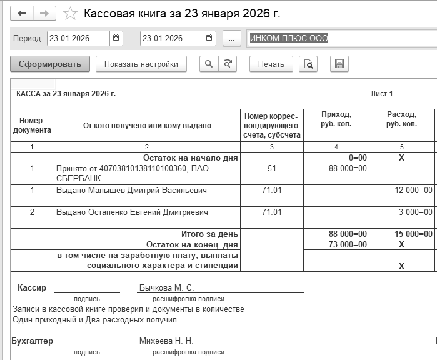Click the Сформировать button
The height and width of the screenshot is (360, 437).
tap(50, 64)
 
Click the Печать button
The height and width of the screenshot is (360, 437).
tap(271, 64)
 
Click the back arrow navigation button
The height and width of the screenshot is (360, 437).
tap(23, 13)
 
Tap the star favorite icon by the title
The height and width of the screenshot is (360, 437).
tap(71, 13)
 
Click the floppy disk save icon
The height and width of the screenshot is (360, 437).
tap(339, 64)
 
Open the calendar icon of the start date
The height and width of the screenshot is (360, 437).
tap(116, 38)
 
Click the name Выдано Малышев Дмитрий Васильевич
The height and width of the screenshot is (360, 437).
tap(131, 190)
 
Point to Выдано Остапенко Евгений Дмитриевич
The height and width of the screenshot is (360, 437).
tap(133, 212)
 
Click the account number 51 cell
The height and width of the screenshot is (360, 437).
tap(271, 168)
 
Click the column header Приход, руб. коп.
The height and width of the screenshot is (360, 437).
tap(336, 119)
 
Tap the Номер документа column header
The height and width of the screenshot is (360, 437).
tap(31, 125)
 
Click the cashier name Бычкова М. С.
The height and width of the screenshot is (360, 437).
tap(166, 288)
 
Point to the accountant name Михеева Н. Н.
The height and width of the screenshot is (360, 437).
tap(166, 341)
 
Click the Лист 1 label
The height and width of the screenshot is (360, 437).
tap(381, 94)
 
